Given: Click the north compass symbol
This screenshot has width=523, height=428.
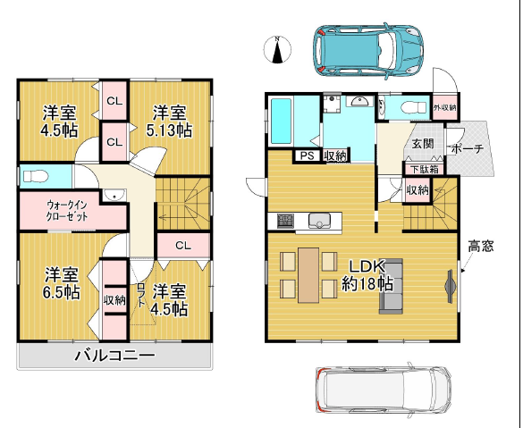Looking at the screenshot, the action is click(277, 49).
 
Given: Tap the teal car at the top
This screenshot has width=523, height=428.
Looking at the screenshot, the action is click(368, 51).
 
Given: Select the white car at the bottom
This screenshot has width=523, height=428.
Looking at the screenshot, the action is click(384, 390).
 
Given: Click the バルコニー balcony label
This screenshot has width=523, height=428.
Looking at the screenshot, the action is click(114, 356).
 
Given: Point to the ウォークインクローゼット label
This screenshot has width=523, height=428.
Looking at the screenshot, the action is click(67, 211).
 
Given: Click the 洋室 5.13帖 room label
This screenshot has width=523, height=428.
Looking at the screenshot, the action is click(169, 121).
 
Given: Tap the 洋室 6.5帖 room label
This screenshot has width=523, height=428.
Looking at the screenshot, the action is click(62, 283).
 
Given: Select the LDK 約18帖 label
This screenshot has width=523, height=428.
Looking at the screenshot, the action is click(367, 275).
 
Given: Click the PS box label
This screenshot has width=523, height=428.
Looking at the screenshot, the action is click(308, 155).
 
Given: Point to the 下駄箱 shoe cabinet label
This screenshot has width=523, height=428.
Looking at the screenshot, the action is click(425, 170).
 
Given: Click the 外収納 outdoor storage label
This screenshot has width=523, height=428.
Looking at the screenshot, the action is click(445, 107).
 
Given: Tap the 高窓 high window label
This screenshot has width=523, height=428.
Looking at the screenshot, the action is click(481, 247).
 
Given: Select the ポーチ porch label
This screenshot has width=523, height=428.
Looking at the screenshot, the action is click(468, 149).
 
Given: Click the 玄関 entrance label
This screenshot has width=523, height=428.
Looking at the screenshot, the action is click(423, 144).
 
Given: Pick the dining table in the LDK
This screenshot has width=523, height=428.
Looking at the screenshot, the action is click(308, 275).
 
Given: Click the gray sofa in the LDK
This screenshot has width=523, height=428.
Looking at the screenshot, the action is click(391, 286).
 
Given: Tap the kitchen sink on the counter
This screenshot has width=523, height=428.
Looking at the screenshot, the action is click(319, 221).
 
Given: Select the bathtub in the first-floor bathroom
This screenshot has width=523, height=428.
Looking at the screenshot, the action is click(281, 122).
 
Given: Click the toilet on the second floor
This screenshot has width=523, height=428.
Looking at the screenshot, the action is click(35, 176).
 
